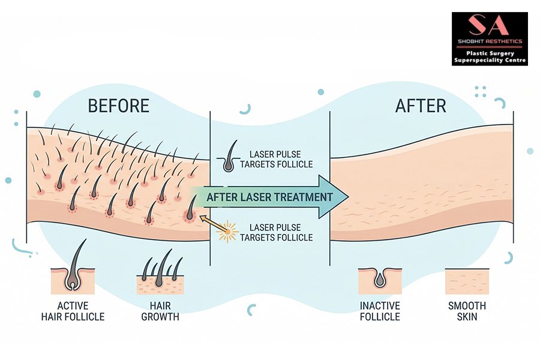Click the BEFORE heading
[118, 106]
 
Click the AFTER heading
[421, 106]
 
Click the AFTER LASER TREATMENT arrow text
[269, 197]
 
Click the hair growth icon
[160, 274]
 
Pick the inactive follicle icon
[380, 280]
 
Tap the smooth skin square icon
[467, 281]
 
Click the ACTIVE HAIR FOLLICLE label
[73, 311]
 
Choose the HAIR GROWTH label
[160, 311]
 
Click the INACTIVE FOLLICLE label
[380, 311]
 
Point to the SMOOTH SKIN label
[467, 311]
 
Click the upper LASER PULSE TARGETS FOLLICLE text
[276, 159]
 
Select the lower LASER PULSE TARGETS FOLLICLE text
[276, 232]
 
